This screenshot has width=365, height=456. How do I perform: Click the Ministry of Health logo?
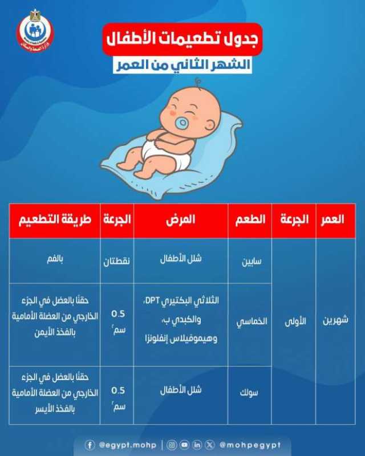35,31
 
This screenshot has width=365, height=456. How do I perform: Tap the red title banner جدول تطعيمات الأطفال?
182,39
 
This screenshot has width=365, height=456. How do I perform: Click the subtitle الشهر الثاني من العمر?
182,65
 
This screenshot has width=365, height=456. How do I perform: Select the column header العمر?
332,219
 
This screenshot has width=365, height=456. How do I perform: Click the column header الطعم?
250,219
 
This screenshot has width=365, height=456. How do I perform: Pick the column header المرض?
180,219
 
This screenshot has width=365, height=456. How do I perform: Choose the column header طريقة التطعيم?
55,219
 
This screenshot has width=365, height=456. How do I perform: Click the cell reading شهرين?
335,320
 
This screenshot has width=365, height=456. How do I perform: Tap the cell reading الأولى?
295,321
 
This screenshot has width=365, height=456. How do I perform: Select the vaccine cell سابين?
252,262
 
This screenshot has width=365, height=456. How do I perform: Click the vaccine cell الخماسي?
252,321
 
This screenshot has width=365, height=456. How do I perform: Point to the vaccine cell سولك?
249,393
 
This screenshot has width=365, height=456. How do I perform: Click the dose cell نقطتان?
116,261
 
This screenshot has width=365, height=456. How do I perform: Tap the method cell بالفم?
55,259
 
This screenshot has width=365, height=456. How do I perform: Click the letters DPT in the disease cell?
151,300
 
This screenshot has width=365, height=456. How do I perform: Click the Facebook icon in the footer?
90,445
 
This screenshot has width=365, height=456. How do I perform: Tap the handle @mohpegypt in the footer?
250,445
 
